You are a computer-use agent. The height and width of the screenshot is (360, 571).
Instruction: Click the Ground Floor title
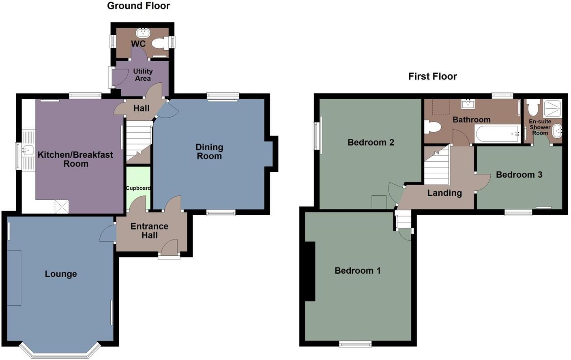[138, 6]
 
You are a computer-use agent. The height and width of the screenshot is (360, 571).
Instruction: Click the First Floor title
[432, 76]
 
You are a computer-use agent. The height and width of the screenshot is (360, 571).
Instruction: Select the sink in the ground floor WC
[143, 32]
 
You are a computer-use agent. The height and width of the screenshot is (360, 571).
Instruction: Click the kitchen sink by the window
[28, 150]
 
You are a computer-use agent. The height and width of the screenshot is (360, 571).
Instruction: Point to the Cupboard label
[138, 188]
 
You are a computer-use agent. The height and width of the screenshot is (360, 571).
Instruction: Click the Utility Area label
[143, 75]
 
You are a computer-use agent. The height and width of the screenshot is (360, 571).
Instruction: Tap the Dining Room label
[209, 152]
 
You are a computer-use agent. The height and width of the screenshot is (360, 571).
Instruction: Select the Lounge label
[61, 274]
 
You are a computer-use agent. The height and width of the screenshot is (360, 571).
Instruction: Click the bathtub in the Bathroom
[497, 133]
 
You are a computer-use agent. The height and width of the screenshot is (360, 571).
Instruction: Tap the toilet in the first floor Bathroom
[432, 127]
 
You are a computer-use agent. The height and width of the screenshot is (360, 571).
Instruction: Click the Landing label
[444, 193]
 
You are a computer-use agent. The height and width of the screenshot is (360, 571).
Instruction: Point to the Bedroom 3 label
[519, 175]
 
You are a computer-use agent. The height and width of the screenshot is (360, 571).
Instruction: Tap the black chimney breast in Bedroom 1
[310, 271]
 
